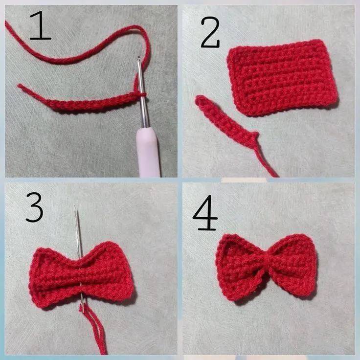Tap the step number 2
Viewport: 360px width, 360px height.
pos(210,32)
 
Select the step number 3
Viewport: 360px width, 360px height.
pos(34,207)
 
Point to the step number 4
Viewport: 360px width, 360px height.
pos(205,213)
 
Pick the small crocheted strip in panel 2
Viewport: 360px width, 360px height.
pos(226,122)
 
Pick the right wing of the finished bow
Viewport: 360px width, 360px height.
pos(295,264)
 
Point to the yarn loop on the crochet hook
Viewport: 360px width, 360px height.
pos(143,94)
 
